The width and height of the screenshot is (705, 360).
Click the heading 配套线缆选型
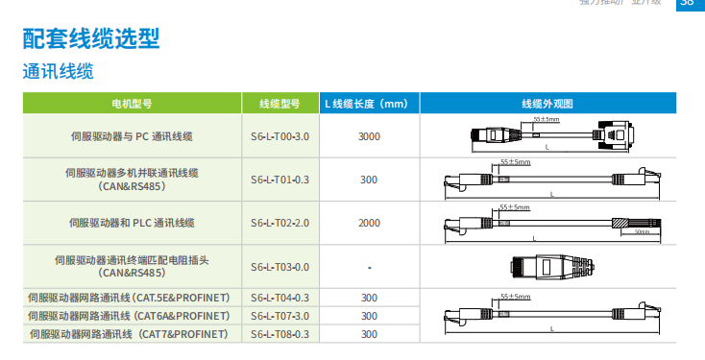pyautogui.click(x=91, y=38)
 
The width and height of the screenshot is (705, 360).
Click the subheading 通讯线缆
pyautogui.click(x=58, y=72)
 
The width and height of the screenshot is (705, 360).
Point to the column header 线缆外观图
pyautogui.click(x=547, y=104)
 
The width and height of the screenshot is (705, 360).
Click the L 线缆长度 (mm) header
pyautogui.click(x=368, y=104)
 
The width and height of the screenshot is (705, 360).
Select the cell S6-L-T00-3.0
pyautogui.click(x=280, y=136)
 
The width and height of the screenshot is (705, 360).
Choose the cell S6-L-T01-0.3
pyautogui.click(x=280, y=180)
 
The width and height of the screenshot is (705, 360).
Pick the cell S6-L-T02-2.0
pyautogui.click(x=280, y=223)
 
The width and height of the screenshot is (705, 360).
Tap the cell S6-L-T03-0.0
pyautogui.click(x=280, y=267)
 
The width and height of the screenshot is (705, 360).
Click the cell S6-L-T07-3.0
pyautogui.click(x=280, y=316)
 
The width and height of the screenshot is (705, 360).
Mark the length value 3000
pyautogui.click(x=369, y=136)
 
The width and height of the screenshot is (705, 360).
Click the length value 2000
pyautogui.click(x=369, y=223)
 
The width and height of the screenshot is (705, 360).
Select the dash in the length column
pyautogui.click(x=369, y=267)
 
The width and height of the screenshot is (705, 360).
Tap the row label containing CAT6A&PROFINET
pyautogui.click(x=130, y=316)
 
